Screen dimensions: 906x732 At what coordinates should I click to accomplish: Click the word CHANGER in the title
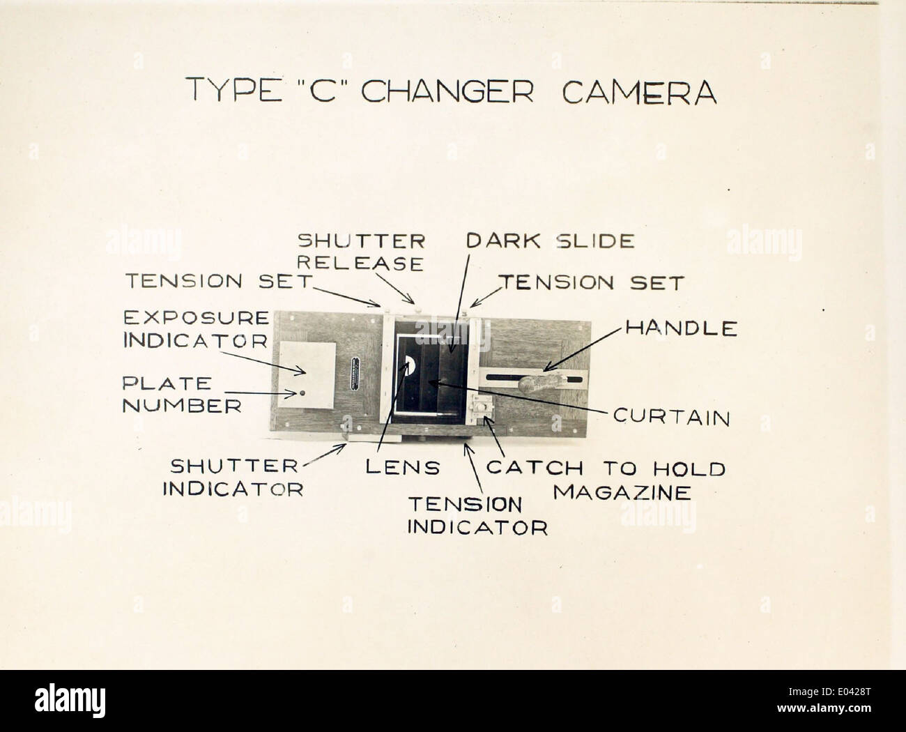(447, 91)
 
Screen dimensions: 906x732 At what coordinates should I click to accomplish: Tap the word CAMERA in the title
(639, 91)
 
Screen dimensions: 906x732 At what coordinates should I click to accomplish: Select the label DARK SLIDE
(551, 241)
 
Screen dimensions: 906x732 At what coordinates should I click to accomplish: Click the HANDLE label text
(682, 328)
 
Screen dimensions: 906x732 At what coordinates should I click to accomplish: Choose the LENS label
(402, 468)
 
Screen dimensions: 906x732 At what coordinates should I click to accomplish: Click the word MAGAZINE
(622, 493)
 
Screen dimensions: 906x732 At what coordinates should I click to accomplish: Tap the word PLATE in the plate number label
(167, 383)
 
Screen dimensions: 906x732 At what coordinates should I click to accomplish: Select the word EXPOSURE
(197, 318)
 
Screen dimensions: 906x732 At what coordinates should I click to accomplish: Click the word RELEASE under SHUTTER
(360, 264)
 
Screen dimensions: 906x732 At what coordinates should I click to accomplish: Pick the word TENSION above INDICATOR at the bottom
(465, 505)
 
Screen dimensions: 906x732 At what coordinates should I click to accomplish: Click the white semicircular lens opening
(410, 365)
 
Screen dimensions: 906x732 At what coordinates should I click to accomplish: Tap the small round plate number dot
(302, 393)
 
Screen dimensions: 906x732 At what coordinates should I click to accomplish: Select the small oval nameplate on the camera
(355, 374)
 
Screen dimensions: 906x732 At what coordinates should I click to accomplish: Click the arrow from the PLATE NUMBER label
(261, 394)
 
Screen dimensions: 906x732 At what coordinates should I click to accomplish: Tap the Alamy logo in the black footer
(70, 701)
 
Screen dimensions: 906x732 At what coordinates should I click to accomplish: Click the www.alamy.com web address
(824, 708)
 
